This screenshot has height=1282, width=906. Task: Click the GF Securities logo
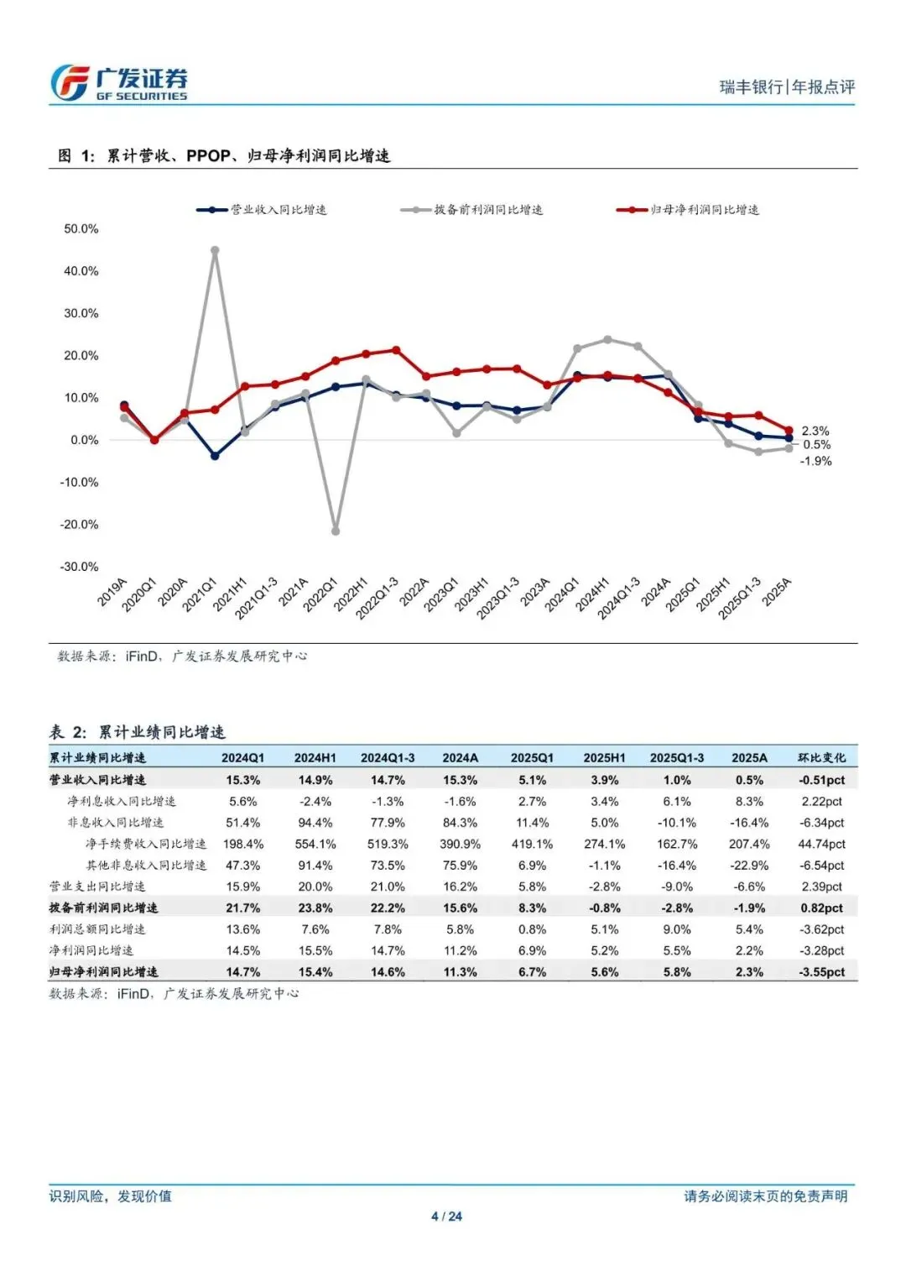click(118, 83)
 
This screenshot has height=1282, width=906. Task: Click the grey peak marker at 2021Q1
click(215, 250)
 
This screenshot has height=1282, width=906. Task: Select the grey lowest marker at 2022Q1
click(336, 531)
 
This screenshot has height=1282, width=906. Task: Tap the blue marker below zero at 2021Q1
click(215, 456)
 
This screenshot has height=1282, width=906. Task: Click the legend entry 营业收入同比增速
click(263, 210)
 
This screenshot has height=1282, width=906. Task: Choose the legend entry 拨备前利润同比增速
click(472, 210)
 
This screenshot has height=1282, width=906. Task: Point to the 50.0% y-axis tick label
click(81, 229)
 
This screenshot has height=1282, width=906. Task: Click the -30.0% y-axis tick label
click(79, 567)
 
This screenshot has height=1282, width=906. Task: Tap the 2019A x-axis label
click(112, 592)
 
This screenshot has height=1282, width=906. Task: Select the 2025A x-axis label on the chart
click(777, 592)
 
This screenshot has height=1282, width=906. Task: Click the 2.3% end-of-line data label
click(815, 431)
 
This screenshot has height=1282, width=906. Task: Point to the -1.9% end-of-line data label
click(815, 461)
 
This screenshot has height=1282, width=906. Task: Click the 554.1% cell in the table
click(315, 844)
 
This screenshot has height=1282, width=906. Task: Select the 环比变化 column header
click(822, 757)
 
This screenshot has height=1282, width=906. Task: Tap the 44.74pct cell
click(822, 844)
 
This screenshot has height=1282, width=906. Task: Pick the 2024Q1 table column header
click(242, 757)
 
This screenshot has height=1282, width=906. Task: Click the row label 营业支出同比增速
click(97, 887)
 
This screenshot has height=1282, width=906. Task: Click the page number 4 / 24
click(446, 1217)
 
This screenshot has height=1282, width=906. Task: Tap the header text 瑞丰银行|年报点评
click(787, 86)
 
